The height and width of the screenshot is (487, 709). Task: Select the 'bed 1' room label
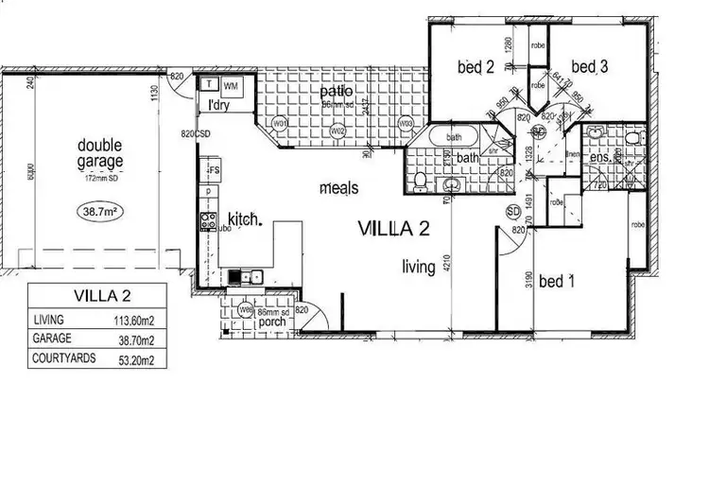[x=557, y=282]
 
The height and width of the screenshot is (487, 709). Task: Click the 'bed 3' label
[x=588, y=66]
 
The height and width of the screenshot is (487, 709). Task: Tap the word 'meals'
[x=338, y=188]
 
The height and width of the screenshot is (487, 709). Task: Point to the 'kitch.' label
[x=242, y=219]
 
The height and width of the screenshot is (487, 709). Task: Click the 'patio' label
[x=336, y=92]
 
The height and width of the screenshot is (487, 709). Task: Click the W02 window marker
[x=337, y=130]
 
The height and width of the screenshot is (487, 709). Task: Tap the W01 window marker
[x=280, y=124]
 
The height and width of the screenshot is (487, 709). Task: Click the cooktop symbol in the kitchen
[x=208, y=224]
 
